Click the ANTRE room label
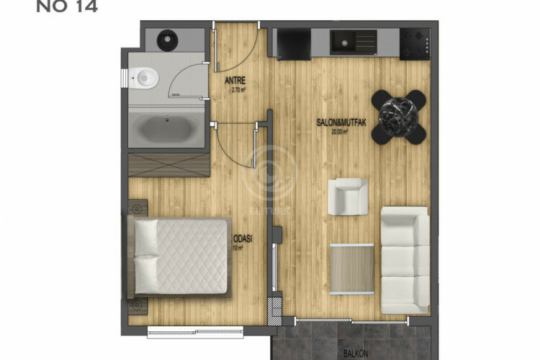coord(235,81)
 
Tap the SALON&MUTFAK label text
coord(342,123)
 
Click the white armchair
coord(348,196)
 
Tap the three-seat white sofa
coord(404,259)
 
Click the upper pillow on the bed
coord(146,235)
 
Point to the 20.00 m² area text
coord(340,132)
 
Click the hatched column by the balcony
coord(274,310)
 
